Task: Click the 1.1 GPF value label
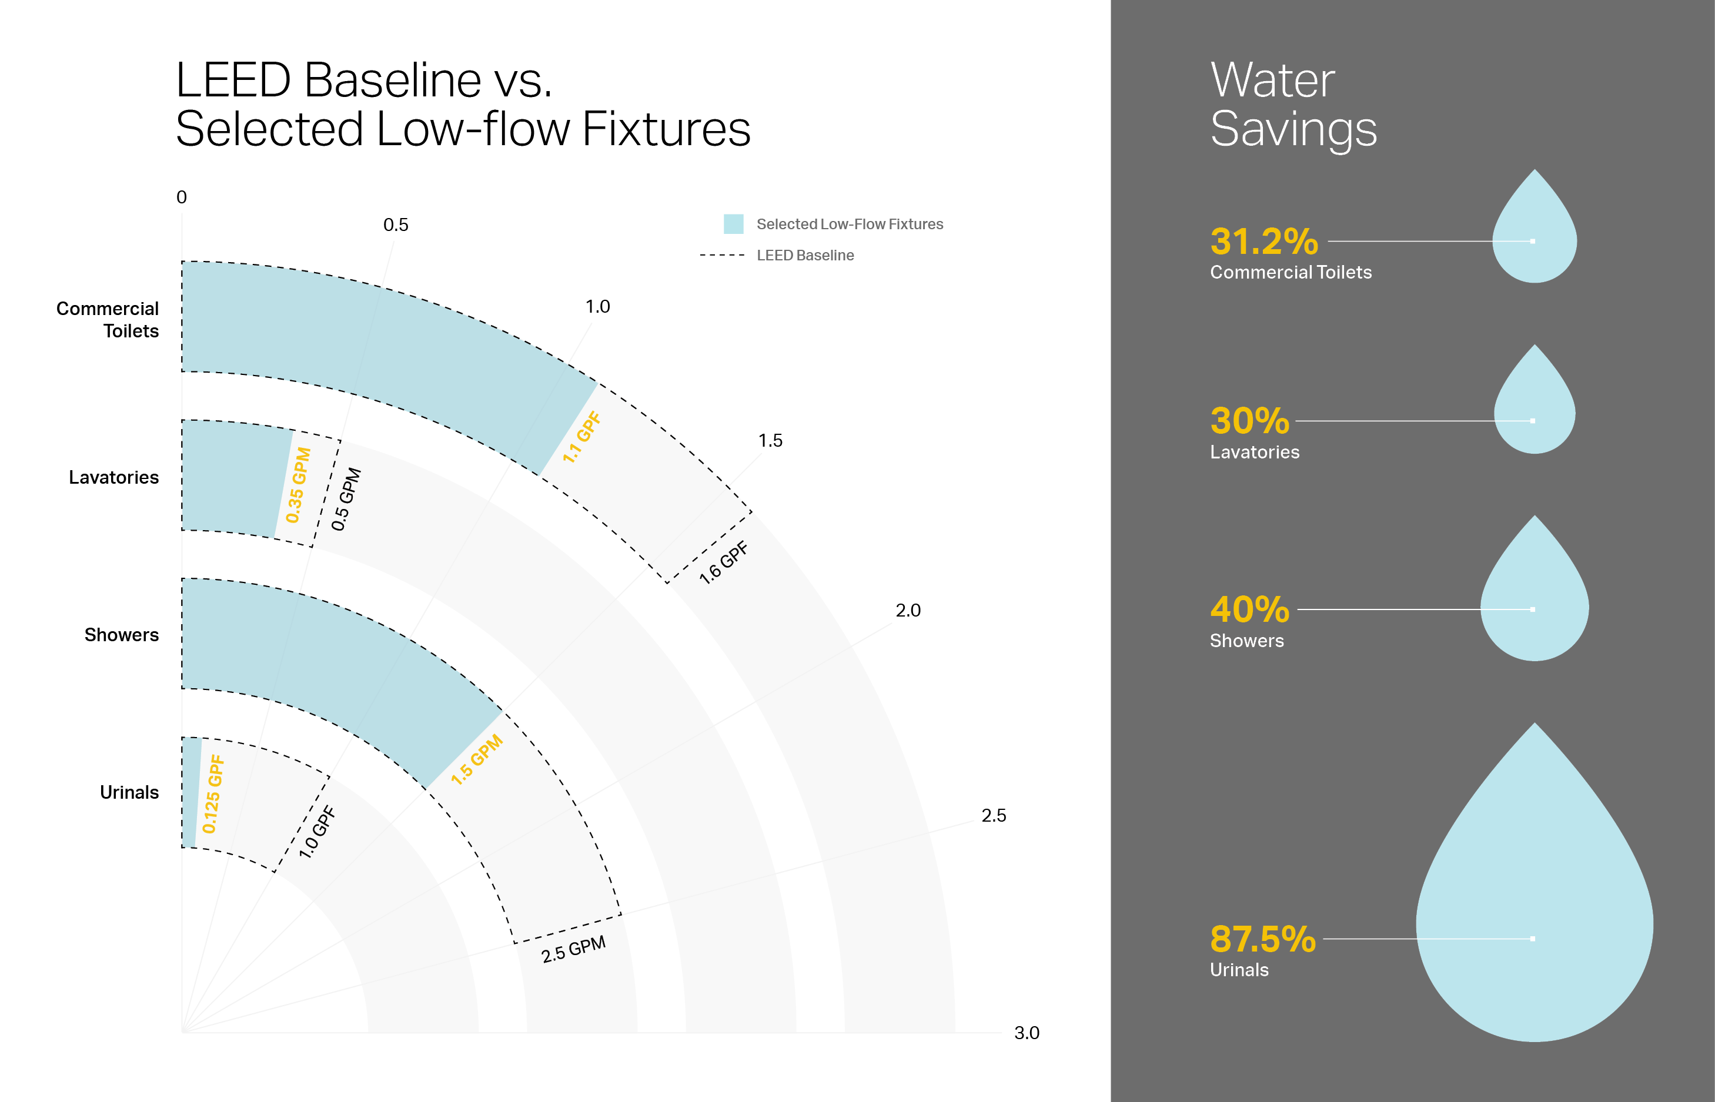click(581, 437)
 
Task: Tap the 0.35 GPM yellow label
click(299, 485)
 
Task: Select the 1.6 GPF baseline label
click(723, 562)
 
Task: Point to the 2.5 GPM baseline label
click(573, 949)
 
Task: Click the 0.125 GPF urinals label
click(213, 794)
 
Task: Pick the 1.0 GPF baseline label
click(316, 832)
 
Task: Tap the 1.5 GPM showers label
click(477, 760)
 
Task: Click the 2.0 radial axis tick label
click(908, 611)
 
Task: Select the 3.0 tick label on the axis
click(1027, 1033)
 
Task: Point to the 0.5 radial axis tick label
click(395, 225)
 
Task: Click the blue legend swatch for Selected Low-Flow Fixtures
click(733, 224)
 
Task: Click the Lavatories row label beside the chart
click(114, 477)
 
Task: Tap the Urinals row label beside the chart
click(129, 792)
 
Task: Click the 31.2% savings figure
click(1263, 241)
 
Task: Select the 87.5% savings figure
click(1262, 939)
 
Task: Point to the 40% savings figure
click(1249, 609)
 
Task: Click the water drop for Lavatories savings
click(1534, 408)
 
